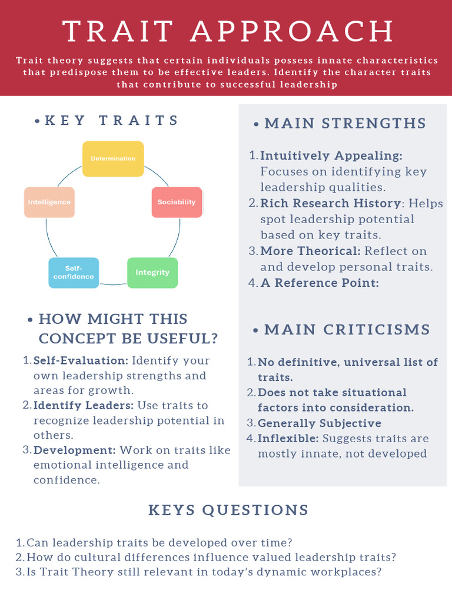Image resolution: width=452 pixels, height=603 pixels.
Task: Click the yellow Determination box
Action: pos(113,158)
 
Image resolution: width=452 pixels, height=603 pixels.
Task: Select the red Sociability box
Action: pos(177,202)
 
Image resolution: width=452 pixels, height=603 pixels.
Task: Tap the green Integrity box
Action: pos(152,273)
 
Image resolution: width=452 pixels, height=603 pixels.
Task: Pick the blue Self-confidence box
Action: pos(74,273)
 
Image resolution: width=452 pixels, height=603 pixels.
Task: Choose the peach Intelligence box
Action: pos(49,202)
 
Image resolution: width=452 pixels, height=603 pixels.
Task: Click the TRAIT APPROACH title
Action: pos(228,31)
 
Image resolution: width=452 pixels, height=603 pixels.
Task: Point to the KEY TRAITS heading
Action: pos(112,120)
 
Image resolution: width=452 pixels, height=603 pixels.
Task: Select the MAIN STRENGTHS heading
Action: pos(345,123)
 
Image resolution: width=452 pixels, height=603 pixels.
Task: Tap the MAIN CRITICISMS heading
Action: pos(347,329)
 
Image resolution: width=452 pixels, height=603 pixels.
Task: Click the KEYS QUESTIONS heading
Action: pos(228,510)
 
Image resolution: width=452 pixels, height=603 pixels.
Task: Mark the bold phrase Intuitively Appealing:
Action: pos(331,156)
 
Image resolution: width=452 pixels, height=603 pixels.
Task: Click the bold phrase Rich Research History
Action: pos(330,203)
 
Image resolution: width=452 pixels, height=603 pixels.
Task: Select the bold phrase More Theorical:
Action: pos(310,251)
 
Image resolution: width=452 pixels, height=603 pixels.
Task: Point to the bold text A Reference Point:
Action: pos(319,283)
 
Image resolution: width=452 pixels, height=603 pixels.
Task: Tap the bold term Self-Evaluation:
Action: pos(81,360)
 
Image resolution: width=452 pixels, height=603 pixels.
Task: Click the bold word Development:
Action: pos(75,450)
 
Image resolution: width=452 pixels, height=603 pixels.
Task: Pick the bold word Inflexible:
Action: pos(288,439)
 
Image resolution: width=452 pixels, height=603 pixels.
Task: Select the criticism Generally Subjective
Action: pos(320,423)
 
